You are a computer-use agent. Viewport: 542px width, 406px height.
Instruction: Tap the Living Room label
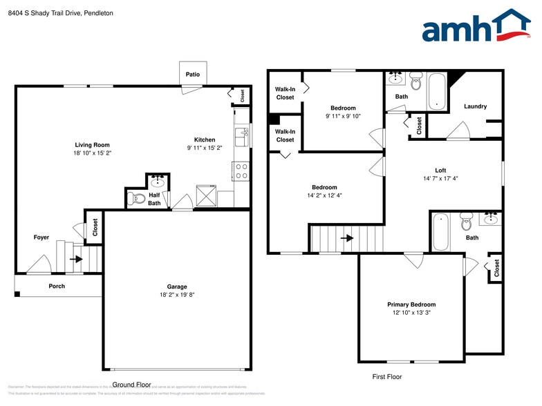(x=93, y=145)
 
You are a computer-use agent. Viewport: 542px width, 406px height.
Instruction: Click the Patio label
(x=193, y=74)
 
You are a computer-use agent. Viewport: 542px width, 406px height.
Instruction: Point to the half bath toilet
(x=133, y=198)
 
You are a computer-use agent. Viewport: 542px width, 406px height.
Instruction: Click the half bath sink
(x=158, y=182)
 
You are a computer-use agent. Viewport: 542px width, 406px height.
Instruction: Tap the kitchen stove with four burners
(x=241, y=171)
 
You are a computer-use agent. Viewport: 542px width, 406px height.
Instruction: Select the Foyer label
(x=41, y=238)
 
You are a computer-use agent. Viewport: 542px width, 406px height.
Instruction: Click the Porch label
(x=57, y=286)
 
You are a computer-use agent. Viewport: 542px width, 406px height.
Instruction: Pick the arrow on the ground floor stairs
(x=76, y=260)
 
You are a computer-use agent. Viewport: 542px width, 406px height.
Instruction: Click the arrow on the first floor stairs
(x=347, y=238)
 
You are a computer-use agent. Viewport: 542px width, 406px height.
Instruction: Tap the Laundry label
(x=475, y=106)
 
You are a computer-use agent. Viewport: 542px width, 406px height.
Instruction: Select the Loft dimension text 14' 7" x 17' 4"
(x=440, y=179)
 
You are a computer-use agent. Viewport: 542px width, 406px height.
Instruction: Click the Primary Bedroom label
(x=411, y=304)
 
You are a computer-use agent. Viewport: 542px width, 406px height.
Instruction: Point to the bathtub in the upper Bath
(x=436, y=92)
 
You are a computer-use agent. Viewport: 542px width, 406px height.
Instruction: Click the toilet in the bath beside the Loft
(x=465, y=223)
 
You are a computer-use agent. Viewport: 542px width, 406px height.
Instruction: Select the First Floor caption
(x=386, y=377)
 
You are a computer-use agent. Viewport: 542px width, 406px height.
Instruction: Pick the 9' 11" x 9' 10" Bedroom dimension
(x=343, y=116)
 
